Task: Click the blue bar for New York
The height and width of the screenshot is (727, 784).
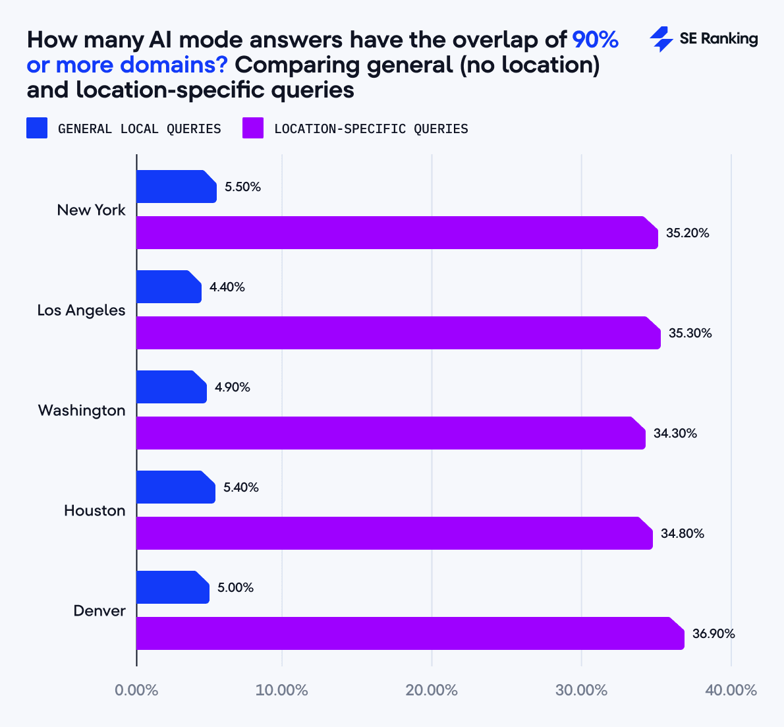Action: (x=176, y=187)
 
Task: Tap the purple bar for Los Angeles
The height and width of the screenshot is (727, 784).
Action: (x=398, y=333)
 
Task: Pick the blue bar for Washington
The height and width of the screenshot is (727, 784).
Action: (x=171, y=387)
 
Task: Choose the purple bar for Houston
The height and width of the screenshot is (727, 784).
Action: (x=394, y=533)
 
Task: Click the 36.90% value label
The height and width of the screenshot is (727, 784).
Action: (x=714, y=634)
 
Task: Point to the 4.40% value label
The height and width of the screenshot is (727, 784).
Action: (x=227, y=287)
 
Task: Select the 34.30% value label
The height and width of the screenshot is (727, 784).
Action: (x=675, y=434)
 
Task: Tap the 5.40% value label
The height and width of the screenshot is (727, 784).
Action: (x=240, y=488)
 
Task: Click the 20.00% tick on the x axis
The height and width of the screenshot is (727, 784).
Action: (x=432, y=690)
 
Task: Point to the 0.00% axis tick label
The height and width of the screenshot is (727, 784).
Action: (x=136, y=690)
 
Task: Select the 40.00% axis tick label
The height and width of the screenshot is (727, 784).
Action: (x=731, y=690)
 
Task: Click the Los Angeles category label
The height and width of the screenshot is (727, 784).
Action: (x=81, y=310)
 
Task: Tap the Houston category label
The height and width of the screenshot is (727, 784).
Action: (x=94, y=511)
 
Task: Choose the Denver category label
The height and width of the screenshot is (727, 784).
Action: (x=99, y=611)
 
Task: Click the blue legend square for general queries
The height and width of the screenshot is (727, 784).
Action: (x=37, y=128)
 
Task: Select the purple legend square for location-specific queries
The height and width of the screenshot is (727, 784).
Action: (x=253, y=128)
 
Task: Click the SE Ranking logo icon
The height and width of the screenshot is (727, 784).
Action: (x=661, y=40)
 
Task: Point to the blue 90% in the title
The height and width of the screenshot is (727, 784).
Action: (x=595, y=40)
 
